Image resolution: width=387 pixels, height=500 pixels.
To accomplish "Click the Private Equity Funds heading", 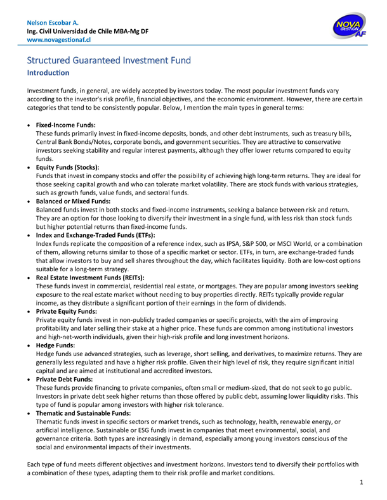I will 67,311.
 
